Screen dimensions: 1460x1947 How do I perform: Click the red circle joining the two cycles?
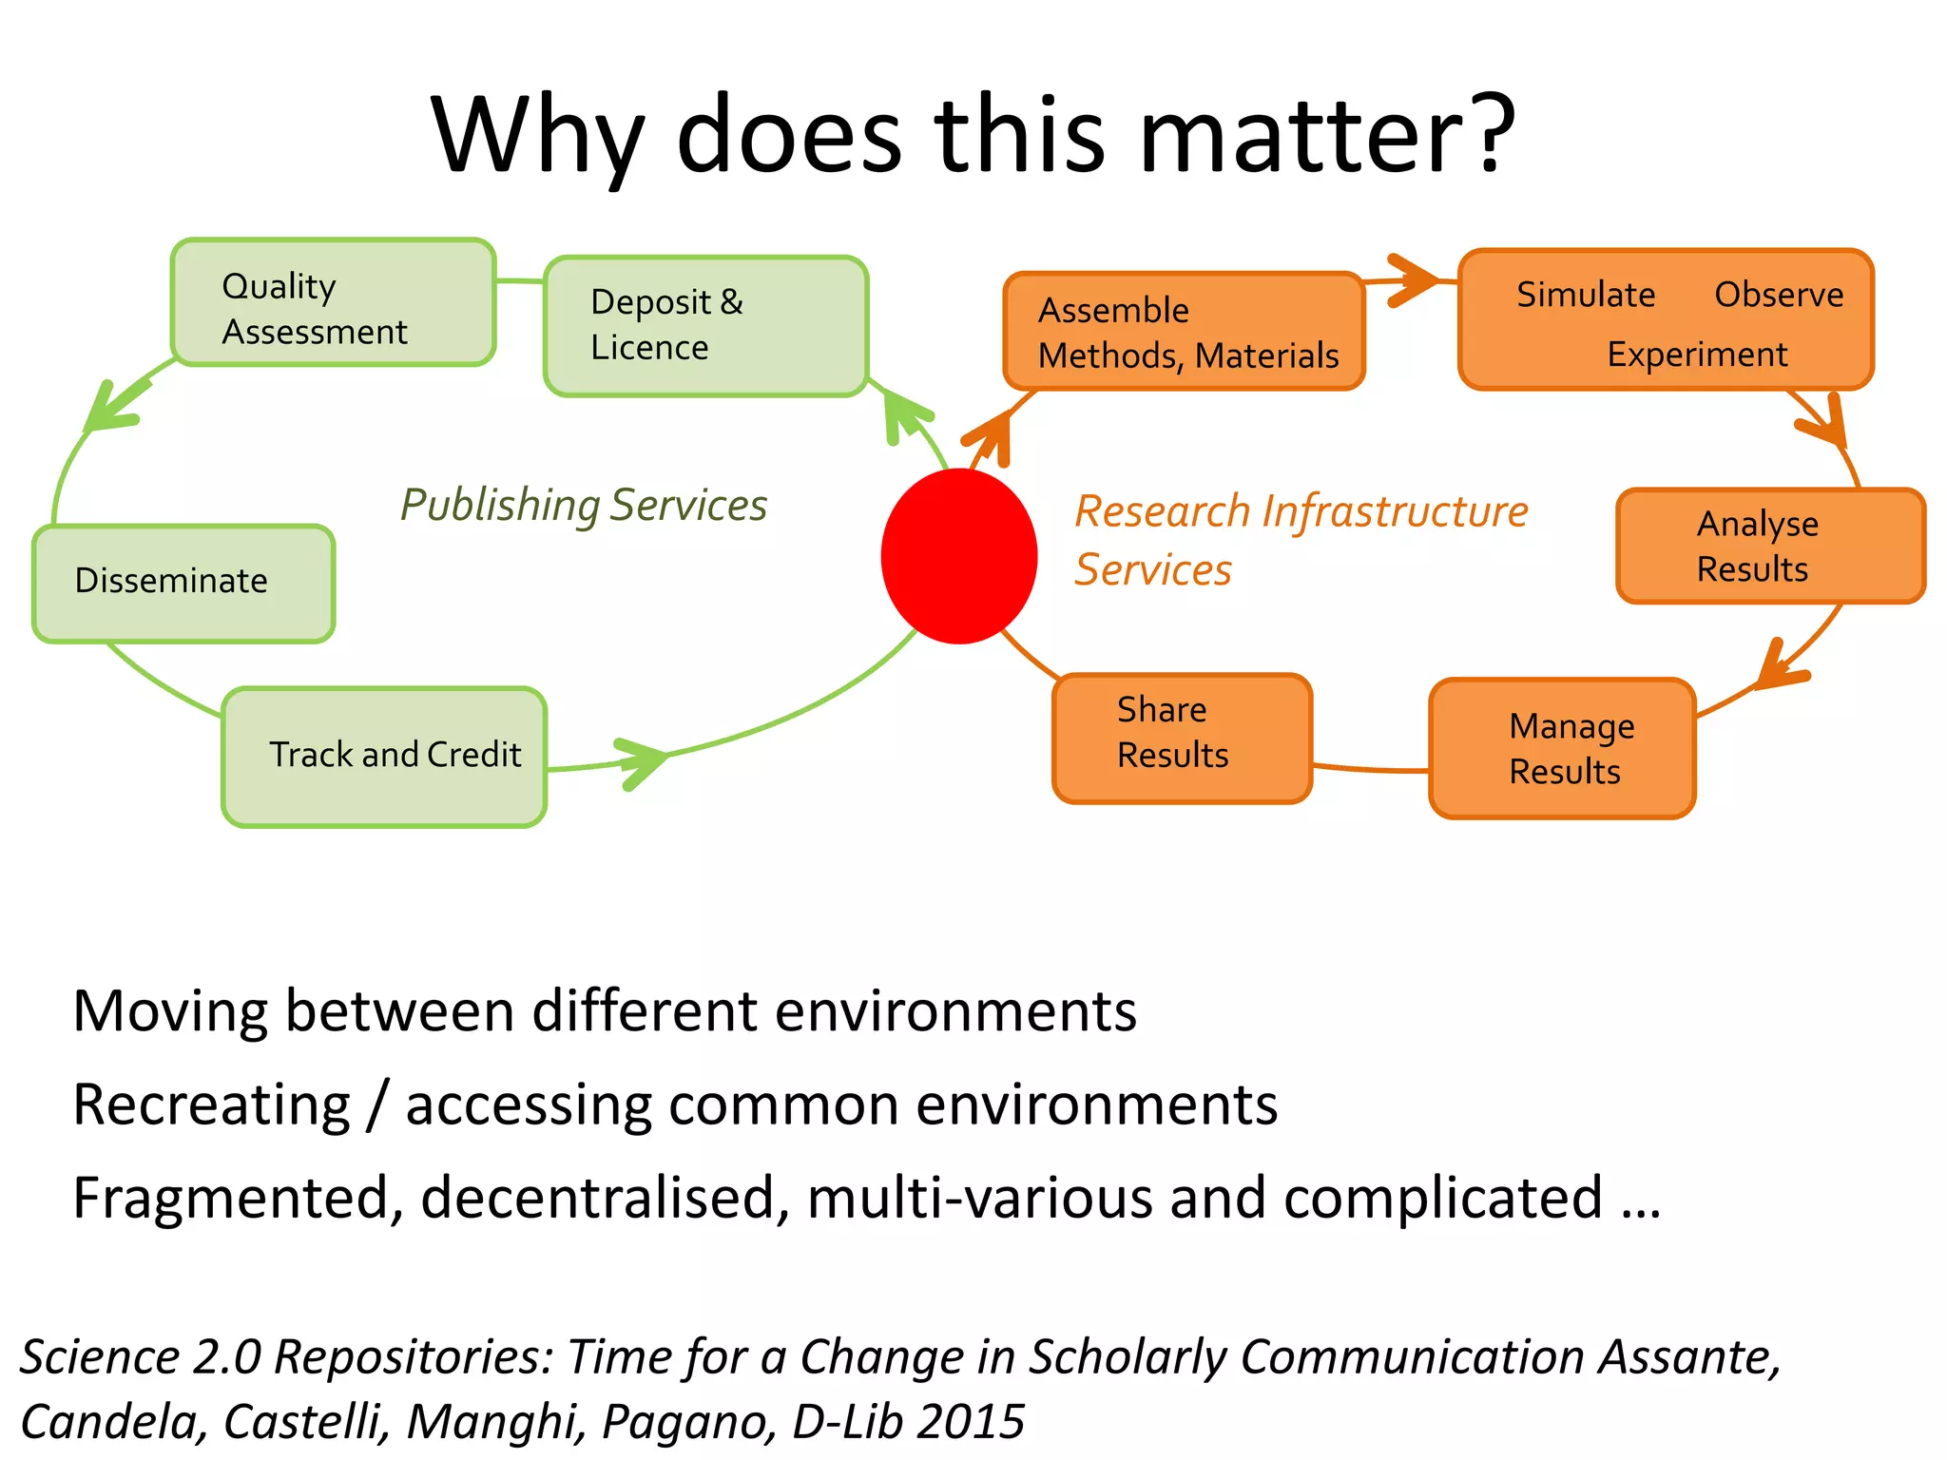point(958,556)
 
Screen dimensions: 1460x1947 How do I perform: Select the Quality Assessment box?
point(333,302)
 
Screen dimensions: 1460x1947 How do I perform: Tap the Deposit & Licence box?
point(705,326)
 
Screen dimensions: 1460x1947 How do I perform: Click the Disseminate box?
point(183,583)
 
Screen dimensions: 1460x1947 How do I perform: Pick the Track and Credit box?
point(384,757)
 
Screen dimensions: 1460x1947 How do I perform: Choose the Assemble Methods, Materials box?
point(1185,332)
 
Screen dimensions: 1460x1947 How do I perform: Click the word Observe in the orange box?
point(1779,295)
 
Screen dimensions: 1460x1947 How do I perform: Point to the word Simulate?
point(1586,295)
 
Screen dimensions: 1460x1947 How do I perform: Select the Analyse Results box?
point(1770,547)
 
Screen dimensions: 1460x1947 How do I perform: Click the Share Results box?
point(1182,738)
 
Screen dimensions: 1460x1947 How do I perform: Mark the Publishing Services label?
point(583,506)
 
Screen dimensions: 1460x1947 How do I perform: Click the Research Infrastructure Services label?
point(1301,539)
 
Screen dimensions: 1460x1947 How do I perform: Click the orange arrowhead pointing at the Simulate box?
point(1412,280)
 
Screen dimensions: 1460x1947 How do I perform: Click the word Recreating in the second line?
point(211,1105)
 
